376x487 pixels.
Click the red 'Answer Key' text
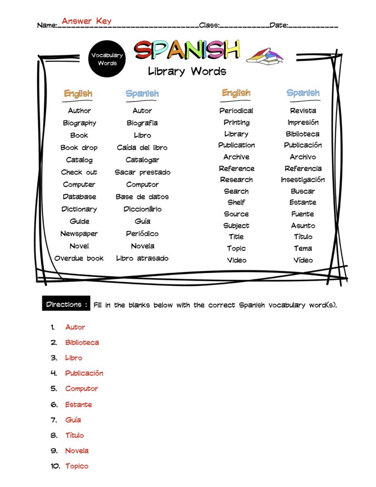tap(87, 21)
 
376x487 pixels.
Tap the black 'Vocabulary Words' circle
tap(107, 58)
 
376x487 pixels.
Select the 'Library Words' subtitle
tap(187, 72)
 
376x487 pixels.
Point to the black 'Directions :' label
tap(66, 304)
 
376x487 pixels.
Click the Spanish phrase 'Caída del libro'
tap(142, 147)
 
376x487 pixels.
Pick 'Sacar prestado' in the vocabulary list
tap(142, 172)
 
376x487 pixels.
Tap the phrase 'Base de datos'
tap(142, 196)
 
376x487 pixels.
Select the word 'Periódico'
tap(142, 234)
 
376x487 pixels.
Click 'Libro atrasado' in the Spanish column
tap(142, 258)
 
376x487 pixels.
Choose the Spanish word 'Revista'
tap(303, 110)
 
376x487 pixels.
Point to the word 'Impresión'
tap(303, 122)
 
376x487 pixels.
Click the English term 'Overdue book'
tap(79, 258)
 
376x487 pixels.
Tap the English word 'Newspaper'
tap(79, 234)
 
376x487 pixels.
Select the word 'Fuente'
tap(303, 214)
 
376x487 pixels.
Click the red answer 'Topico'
tap(77, 466)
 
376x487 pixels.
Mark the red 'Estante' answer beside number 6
tap(78, 405)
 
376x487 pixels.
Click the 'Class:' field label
tap(209, 25)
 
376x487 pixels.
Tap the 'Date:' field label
tap(279, 25)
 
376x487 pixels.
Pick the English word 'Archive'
tap(236, 156)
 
